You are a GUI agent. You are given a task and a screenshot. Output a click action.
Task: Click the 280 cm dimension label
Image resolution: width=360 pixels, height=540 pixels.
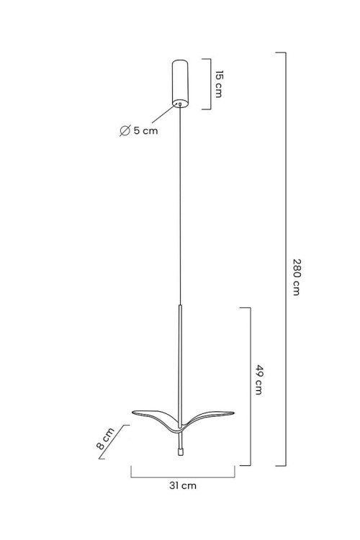[x=296, y=277]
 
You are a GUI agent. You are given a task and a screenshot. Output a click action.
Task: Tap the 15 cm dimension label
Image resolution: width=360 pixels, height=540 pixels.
[x=219, y=84]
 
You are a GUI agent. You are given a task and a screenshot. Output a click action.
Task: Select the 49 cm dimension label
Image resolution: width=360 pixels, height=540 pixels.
[x=259, y=379]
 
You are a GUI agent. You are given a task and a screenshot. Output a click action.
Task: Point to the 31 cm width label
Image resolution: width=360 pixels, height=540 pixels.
[x=183, y=485]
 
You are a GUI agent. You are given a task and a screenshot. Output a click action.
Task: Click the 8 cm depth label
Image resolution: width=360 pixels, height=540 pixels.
[x=105, y=438]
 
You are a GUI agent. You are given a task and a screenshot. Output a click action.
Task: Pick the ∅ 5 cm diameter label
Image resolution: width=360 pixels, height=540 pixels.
[x=139, y=131]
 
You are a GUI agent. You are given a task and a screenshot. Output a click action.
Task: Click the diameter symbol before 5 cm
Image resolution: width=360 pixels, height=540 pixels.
[x=125, y=131]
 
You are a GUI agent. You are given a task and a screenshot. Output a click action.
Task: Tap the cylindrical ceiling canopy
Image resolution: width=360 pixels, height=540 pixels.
[x=180, y=84]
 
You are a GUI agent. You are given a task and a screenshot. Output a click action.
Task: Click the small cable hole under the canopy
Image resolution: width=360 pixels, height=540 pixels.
[x=179, y=103]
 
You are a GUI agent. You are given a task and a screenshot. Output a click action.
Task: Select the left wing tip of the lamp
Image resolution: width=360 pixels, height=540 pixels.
[x=132, y=412]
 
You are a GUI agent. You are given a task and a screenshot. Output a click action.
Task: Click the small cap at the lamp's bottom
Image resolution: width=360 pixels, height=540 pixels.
[x=180, y=452]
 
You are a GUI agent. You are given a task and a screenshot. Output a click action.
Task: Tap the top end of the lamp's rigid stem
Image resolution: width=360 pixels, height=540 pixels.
[x=180, y=305]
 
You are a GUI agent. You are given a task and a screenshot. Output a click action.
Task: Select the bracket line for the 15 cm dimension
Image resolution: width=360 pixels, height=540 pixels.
[x=210, y=84]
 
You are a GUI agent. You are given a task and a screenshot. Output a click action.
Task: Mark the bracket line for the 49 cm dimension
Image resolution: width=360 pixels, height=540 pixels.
[x=250, y=387]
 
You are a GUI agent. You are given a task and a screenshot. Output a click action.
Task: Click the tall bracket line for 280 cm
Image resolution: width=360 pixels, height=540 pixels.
[x=285, y=259]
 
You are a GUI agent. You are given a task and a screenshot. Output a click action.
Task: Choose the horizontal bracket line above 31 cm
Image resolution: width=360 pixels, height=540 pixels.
[x=183, y=477]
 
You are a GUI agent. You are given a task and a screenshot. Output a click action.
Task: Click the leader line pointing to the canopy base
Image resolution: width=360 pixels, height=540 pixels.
[x=165, y=113]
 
